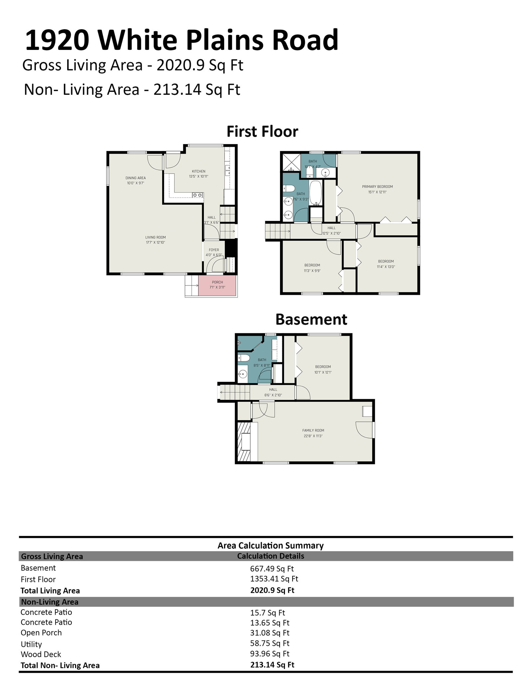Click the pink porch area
(x=217, y=285)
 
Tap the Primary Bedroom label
(x=377, y=187)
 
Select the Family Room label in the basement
(x=313, y=430)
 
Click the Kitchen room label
(x=199, y=171)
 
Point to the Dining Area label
(x=136, y=178)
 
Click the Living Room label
(x=155, y=238)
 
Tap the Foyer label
(x=214, y=250)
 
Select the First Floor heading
(x=262, y=131)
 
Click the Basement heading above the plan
(x=311, y=319)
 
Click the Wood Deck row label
(x=41, y=654)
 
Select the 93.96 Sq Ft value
(x=270, y=654)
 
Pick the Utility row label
(x=31, y=644)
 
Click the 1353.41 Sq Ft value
(x=274, y=579)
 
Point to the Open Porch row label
(x=41, y=633)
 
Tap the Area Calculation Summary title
(x=270, y=546)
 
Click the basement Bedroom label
(x=323, y=367)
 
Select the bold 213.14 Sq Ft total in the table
(x=272, y=665)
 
